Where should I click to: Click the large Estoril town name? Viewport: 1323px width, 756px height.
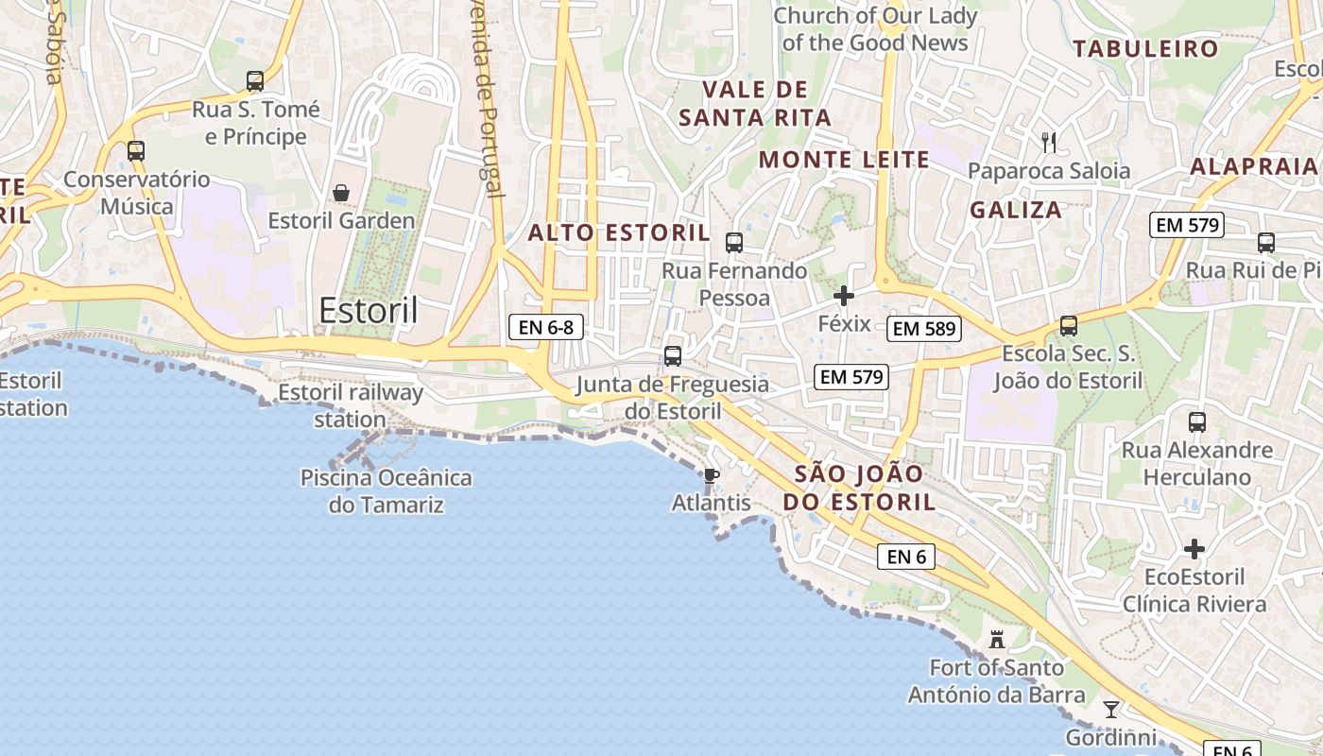point(368,310)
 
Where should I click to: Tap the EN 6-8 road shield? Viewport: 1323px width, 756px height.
point(546,328)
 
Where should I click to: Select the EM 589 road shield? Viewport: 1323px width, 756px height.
point(924,329)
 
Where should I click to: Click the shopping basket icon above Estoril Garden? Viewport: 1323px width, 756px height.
point(341,193)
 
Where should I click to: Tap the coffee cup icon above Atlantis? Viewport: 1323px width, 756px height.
point(711,475)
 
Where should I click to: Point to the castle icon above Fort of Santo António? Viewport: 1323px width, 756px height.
point(996,640)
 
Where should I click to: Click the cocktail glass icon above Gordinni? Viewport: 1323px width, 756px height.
point(1111,709)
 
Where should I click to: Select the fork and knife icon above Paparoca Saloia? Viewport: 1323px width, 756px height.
point(1049,143)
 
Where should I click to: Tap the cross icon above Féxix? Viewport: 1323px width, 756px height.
point(844,296)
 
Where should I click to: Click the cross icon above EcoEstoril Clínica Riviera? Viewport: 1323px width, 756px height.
point(1194,549)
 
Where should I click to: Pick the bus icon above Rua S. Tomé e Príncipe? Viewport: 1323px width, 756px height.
point(255,81)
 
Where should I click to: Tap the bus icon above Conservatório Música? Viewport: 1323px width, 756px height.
point(136,150)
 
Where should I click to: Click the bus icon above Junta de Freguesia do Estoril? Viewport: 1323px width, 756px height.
point(673,356)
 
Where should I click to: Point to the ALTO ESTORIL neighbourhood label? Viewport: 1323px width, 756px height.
point(618,232)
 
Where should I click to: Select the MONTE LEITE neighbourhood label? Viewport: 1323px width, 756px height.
point(844,160)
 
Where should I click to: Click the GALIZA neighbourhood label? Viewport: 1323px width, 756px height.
point(1016,210)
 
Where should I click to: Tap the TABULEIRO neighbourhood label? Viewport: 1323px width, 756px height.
point(1145,49)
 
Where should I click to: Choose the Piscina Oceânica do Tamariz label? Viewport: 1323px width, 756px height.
point(386,490)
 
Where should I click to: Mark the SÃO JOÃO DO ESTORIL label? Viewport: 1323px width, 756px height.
point(859,488)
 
